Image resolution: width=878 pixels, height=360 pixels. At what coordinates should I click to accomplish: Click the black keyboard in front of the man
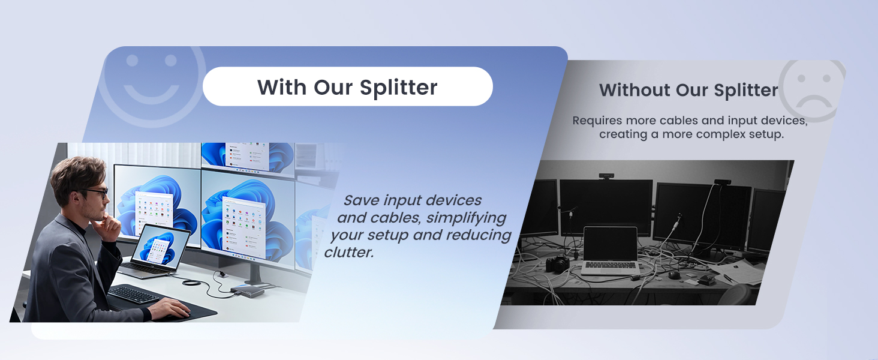coord(133,294)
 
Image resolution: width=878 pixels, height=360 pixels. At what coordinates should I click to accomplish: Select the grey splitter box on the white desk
coord(246,291)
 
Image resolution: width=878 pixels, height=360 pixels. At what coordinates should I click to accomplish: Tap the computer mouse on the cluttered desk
coord(675,275)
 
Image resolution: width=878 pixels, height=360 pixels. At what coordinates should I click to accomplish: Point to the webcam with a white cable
coord(722,182)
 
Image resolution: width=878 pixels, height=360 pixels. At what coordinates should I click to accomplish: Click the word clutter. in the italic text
coord(348,253)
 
